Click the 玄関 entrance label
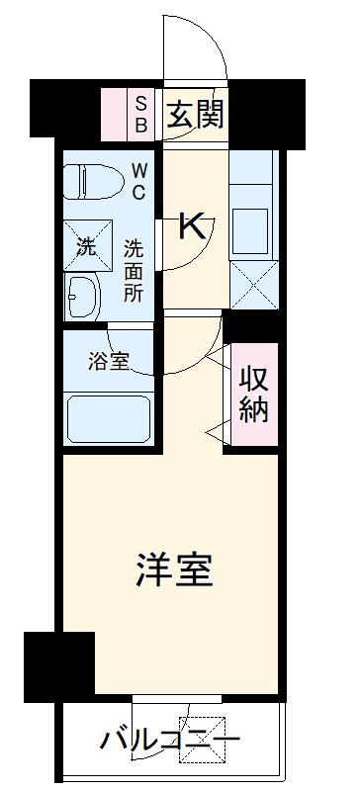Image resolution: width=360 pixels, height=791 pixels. pos(194,115)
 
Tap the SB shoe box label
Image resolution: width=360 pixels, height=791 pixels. pos(140,115)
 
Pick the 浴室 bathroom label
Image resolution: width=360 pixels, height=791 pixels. pos(108,362)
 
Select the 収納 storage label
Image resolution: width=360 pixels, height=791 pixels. pos(252,394)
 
